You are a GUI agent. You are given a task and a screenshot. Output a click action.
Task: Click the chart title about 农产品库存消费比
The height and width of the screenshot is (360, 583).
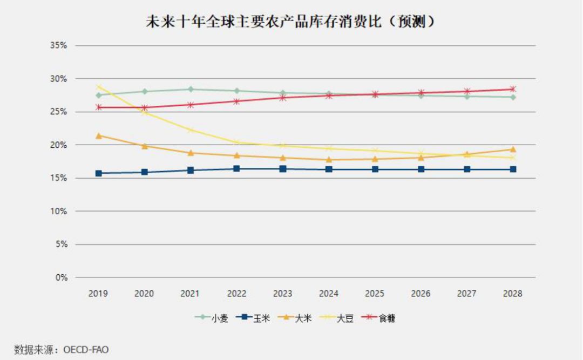291,22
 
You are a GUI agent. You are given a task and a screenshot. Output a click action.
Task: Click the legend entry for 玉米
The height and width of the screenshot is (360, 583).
253,318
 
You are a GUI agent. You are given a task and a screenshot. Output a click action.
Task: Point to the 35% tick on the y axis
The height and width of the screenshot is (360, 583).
58,46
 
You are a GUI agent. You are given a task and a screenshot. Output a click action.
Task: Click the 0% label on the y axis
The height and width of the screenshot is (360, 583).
62,277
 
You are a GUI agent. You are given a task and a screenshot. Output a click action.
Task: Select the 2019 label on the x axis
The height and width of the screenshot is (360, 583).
98,294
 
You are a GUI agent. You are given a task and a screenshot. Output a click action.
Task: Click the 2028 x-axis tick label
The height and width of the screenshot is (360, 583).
512,294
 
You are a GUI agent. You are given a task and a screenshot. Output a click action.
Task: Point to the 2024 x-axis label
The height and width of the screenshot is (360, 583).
328,294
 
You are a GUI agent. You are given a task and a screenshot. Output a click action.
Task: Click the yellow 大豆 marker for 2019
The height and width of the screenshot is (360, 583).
99,86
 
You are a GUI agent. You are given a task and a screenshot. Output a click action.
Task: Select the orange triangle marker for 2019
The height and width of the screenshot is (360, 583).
99,136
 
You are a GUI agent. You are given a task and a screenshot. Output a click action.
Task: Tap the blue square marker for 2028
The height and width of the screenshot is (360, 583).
513,169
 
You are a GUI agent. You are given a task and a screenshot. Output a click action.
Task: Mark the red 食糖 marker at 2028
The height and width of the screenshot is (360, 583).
513,89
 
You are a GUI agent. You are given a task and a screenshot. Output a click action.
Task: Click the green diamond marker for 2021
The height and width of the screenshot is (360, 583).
191,89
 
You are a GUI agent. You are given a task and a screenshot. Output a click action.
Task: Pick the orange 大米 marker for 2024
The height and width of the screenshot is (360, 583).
329,159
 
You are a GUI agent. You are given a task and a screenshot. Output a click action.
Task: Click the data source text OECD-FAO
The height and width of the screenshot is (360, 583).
86,350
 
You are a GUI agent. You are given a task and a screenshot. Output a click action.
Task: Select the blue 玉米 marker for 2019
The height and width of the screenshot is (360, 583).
99,173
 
